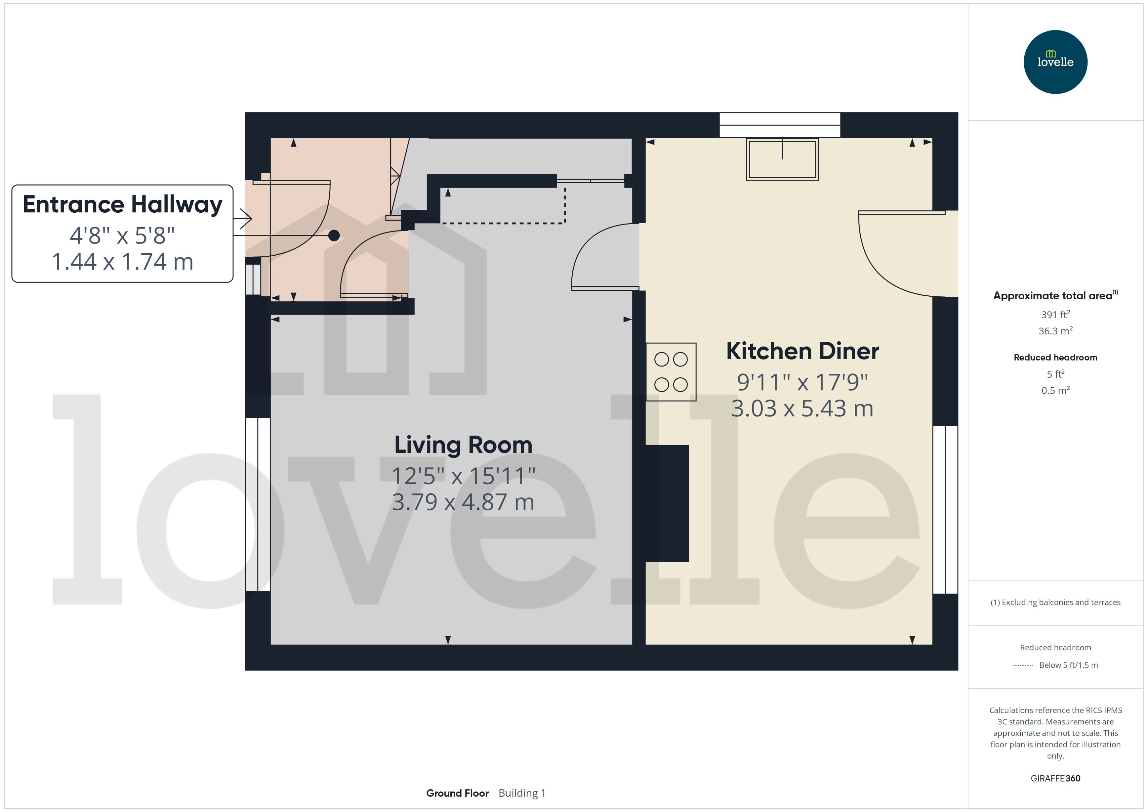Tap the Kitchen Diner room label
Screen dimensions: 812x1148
point(802,351)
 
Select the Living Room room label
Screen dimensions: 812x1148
point(463,445)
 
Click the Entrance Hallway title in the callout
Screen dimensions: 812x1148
point(123,205)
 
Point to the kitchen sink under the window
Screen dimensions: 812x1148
point(782,159)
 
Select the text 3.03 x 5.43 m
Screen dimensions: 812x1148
point(802,408)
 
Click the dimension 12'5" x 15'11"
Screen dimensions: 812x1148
point(463,476)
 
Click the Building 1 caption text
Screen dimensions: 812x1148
point(522,793)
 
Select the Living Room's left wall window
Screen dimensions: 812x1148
point(257,505)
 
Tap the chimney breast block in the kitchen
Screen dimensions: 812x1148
point(667,503)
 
